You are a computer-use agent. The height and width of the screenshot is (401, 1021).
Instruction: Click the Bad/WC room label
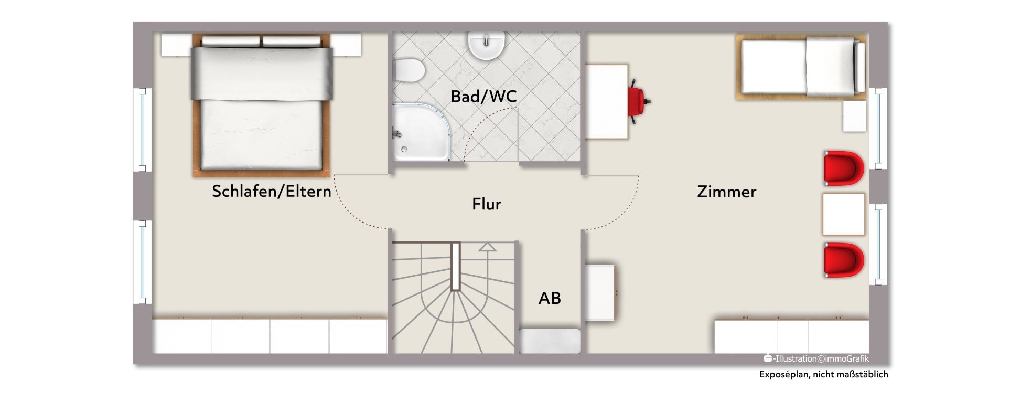tap(483, 96)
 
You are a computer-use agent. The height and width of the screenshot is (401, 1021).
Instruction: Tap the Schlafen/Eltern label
tap(271, 191)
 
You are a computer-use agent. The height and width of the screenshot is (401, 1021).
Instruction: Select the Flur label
tap(487, 204)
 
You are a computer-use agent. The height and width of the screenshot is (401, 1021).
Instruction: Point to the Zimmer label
tap(726, 192)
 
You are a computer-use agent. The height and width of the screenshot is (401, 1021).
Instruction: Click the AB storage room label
tap(550, 298)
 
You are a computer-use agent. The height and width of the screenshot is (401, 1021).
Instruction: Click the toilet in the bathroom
tap(408, 70)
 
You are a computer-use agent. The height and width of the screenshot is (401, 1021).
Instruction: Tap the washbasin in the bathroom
tap(487, 45)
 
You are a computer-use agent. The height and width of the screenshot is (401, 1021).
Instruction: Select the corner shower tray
tap(421, 132)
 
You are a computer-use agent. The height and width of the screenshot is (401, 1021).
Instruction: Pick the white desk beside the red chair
tap(606, 101)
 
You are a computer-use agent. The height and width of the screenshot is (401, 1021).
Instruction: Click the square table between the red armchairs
tap(843, 214)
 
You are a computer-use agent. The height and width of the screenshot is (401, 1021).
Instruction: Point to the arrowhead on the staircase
tap(487, 247)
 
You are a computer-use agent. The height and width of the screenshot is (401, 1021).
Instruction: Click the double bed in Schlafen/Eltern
tap(261, 105)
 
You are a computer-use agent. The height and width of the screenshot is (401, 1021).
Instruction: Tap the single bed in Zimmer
tap(801, 67)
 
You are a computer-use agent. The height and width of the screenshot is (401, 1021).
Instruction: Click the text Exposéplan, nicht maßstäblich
tap(823, 374)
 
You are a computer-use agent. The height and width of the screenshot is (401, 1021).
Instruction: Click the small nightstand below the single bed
tap(854, 116)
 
